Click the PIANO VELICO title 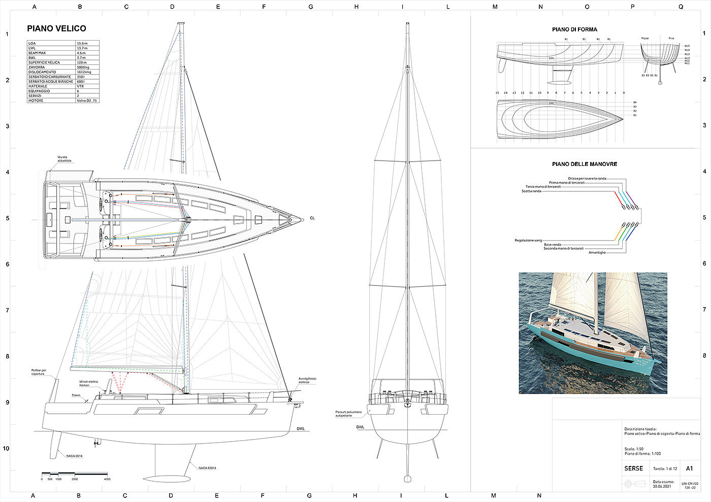[x=56, y=29]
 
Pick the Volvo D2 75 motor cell [x=87, y=101]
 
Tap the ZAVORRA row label [x=37, y=68]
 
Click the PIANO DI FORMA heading [x=574, y=29]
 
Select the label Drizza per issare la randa [x=587, y=179]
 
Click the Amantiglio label [x=597, y=252]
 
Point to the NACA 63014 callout [x=208, y=468]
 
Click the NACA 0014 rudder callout [x=74, y=456]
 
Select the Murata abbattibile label [x=64, y=159]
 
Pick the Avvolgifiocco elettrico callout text [x=308, y=380]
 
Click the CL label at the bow [x=312, y=218]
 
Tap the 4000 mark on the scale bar [x=107, y=479]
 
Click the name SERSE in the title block [x=633, y=468]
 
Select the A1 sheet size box [x=689, y=468]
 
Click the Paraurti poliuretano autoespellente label [x=348, y=414]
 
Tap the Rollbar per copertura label [x=39, y=372]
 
